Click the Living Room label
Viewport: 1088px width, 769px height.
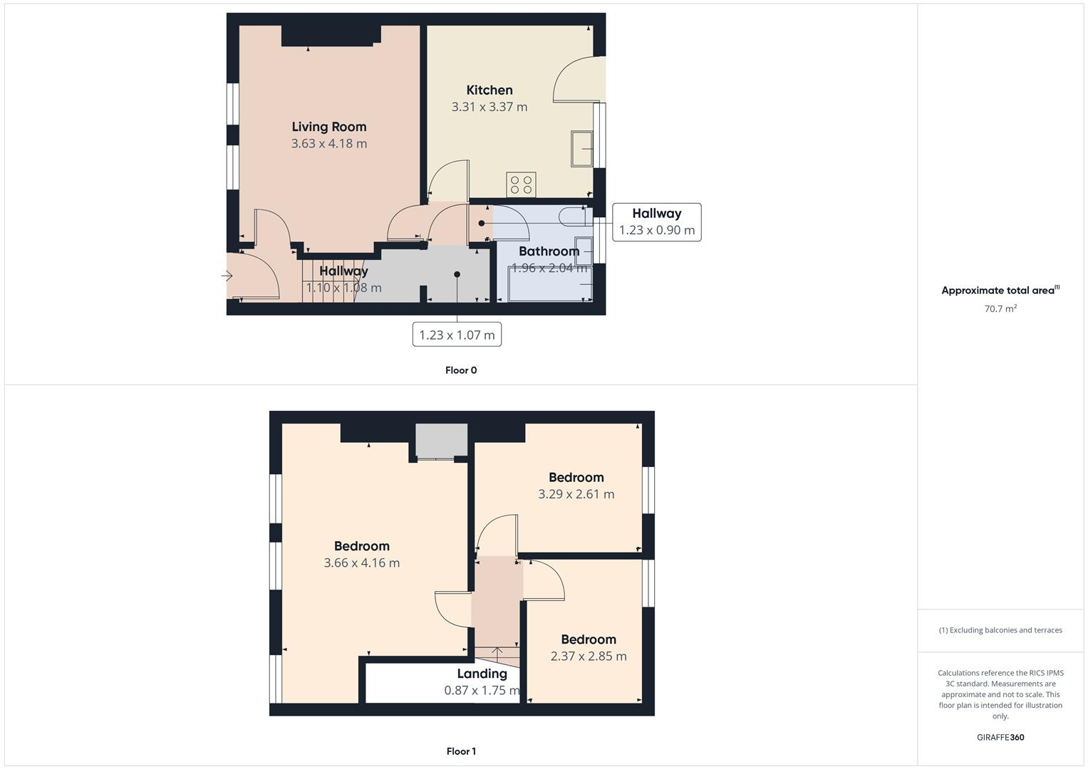click(x=328, y=127)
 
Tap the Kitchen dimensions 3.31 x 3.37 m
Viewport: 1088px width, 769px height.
click(x=489, y=107)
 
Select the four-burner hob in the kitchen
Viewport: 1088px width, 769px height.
click(x=520, y=185)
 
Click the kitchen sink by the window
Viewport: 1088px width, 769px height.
click(x=581, y=148)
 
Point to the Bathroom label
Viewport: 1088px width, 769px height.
click(x=548, y=251)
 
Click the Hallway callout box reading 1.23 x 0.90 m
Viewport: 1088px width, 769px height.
click(x=656, y=222)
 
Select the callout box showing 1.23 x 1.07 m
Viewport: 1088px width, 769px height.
click(x=457, y=335)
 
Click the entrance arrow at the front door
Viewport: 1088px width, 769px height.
click(x=228, y=276)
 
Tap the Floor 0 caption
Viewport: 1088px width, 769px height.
click(x=461, y=370)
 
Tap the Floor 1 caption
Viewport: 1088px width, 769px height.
click(x=461, y=751)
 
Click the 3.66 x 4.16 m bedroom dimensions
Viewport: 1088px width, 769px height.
click(x=361, y=563)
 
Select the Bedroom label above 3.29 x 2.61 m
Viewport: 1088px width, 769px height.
click(x=576, y=477)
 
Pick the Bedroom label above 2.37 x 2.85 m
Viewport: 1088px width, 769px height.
click(x=588, y=639)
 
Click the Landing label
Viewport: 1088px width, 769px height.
click(x=482, y=674)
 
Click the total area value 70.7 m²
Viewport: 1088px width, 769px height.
click(x=1000, y=309)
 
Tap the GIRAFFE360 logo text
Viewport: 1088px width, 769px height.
click(x=1000, y=737)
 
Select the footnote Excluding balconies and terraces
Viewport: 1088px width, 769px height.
click(x=1000, y=630)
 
